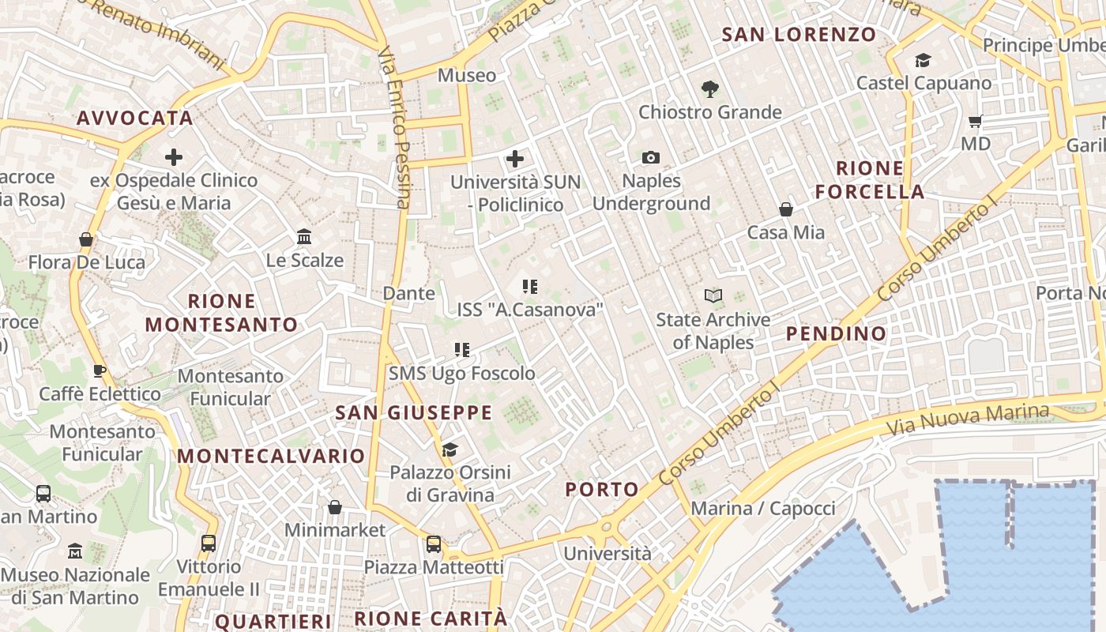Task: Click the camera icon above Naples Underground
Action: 651,158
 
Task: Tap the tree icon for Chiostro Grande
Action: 710,89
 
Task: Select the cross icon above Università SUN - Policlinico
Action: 515,159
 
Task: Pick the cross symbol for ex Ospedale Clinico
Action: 174,157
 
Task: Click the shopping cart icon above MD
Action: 975,121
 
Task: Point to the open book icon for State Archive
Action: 713,296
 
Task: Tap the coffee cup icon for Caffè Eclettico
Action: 100,371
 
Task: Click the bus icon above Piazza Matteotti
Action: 434,544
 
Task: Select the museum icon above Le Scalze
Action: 304,236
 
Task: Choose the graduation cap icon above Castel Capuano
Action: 923,60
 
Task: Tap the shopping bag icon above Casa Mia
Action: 786,209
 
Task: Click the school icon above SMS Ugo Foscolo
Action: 462,350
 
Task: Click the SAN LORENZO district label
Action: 799,35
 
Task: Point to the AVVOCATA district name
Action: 135,118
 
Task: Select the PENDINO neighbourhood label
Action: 837,334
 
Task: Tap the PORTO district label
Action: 602,490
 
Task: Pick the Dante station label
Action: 408,293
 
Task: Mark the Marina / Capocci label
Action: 763,508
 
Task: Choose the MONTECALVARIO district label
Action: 271,456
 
